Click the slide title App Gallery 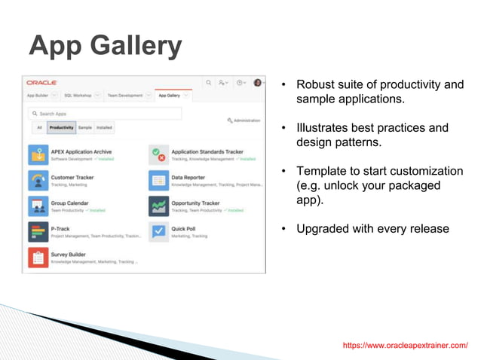point(105,47)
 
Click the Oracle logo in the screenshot point(41,83)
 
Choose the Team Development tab point(124,96)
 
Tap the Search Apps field point(106,114)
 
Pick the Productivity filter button point(61,128)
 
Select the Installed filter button point(104,128)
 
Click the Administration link point(244,121)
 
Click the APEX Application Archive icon point(38,155)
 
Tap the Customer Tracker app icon point(38,181)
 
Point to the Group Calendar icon point(38,206)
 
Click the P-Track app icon point(38,232)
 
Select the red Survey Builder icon point(38,258)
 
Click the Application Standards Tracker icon point(158,155)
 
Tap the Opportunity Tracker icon point(158,206)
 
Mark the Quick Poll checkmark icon point(158,232)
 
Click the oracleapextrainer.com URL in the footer point(405,345)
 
